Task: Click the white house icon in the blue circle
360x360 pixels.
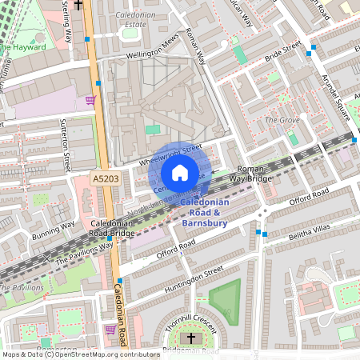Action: (x=180, y=173)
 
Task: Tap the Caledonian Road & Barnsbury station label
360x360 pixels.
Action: (x=202, y=213)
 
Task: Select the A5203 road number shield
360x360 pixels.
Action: (x=106, y=181)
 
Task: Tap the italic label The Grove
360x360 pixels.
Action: (x=281, y=120)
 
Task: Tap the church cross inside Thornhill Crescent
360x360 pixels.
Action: (x=190, y=339)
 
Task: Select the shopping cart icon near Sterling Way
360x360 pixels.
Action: (x=90, y=100)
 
